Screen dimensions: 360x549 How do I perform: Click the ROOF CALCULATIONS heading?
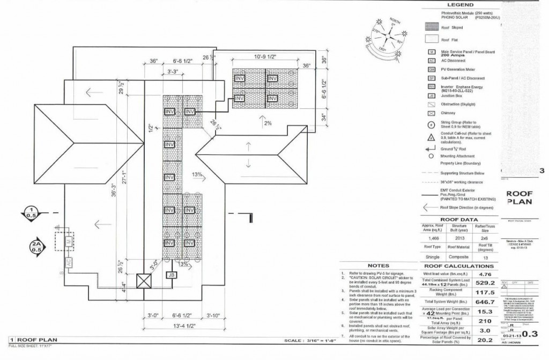point(456,266)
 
